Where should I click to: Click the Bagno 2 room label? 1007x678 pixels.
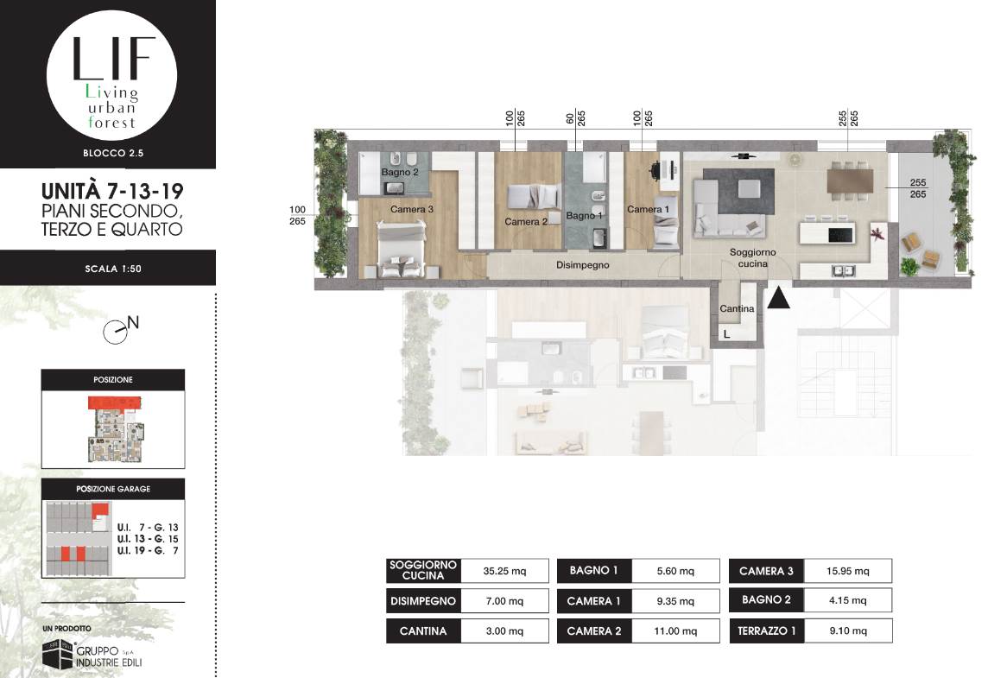pyautogui.click(x=400, y=172)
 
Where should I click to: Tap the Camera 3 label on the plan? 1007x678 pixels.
pyautogui.click(x=412, y=209)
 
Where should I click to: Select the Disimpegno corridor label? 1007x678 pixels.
pyautogui.click(x=582, y=264)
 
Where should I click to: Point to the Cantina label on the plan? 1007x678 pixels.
pyautogui.click(x=737, y=309)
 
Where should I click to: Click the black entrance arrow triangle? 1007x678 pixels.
pyautogui.click(x=778, y=299)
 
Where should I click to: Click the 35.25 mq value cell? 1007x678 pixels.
pyautogui.click(x=504, y=571)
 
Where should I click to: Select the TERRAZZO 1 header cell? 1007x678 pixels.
pyautogui.click(x=766, y=631)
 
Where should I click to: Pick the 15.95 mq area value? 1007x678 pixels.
pyautogui.click(x=848, y=571)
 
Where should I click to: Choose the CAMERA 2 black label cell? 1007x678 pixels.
pyautogui.click(x=594, y=631)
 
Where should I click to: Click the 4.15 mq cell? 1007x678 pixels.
pyautogui.click(x=848, y=600)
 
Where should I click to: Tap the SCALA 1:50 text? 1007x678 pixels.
pyautogui.click(x=113, y=269)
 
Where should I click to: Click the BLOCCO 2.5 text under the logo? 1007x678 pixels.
pyautogui.click(x=113, y=153)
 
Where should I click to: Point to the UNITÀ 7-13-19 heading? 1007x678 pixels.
pyautogui.click(x=112, y=191)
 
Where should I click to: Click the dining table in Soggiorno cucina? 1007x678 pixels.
pyautogui.click(x=851, y=180)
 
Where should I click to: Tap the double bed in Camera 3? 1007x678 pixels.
pyautogui.click(x=402, y=249)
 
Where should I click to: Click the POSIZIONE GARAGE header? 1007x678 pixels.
pyautogui.click(x=113, y=489)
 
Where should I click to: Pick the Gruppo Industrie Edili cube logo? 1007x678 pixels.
pyautogui.click(x=58, y=654)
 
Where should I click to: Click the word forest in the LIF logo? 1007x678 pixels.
pyautogui.click(x=111, y=122)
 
